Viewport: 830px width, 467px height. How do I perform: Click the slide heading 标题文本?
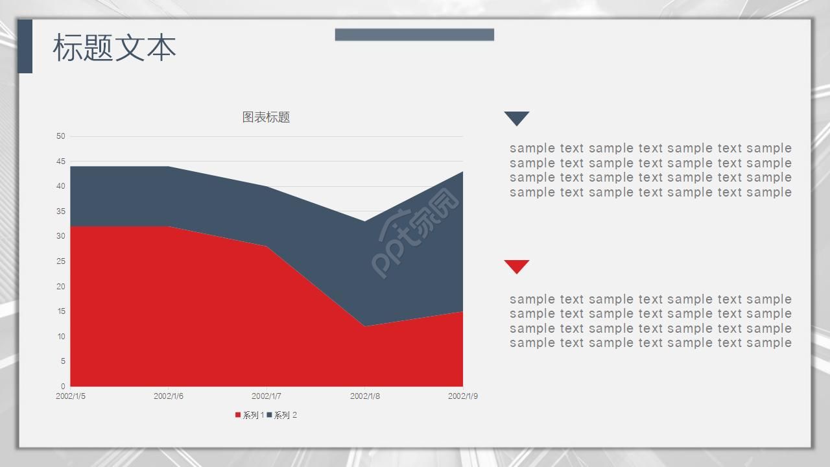tap(114, 48)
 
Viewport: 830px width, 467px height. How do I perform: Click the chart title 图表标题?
tap(266, 117)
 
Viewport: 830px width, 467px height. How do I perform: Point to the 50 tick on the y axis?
tap(61, 136)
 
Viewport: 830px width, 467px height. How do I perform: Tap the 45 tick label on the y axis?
tap(61, 162)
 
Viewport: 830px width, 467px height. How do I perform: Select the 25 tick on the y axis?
tap(61, 261)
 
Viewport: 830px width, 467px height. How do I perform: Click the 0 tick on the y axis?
tap(63, 387)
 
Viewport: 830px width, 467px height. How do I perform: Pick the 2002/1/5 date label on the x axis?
tap(71, 396)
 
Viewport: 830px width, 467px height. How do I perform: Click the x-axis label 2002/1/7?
tap(266, 396)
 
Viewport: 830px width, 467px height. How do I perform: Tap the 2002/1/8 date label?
tap(365, 396)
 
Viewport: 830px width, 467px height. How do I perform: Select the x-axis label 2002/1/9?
tap(463, 396)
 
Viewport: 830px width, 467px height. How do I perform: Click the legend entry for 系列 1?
tap(250, 415)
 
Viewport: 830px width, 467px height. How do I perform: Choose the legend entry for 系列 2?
tap(282, 415)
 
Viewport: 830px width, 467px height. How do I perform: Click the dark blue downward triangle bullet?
tap(517, 118)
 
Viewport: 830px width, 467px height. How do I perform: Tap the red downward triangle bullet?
tap(517, 266)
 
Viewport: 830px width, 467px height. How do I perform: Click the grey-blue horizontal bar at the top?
tap(414, 34)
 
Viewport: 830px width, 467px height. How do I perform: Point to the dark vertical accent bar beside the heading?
tap(25, 46)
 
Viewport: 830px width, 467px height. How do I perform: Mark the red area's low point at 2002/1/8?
tap(365, 326)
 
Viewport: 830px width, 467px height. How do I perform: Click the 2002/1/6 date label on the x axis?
tap(169, 396)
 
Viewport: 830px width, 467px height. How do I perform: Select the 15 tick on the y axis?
tap(61, 311)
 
